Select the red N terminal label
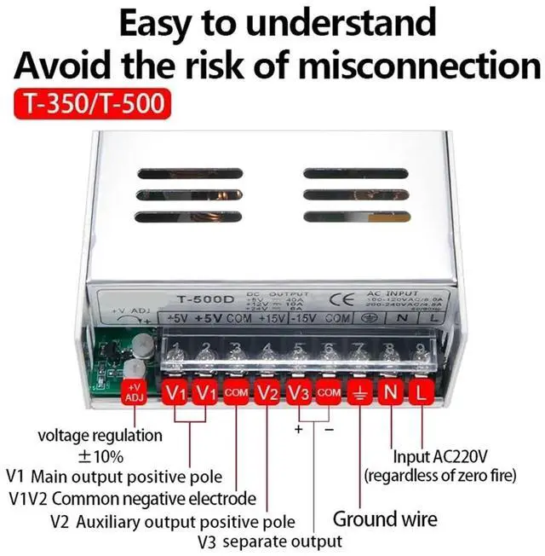click(x=390, y=393)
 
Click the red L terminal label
click(x=421, y=393)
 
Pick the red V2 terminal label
click(x=267, y=393)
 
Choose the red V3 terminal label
click(x=297, y=393)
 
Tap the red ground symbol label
click(x=359, y=393)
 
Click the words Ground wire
click(x=385, y=518)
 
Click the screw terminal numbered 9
click(x=421, y=351)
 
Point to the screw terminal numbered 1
click(x=175, y=351)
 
